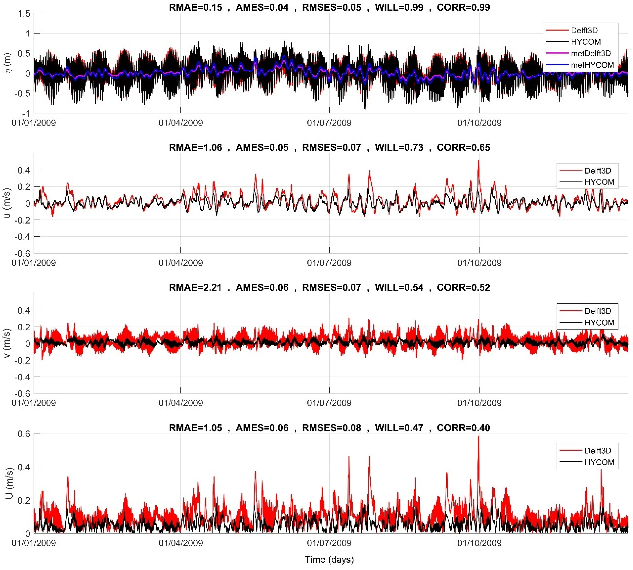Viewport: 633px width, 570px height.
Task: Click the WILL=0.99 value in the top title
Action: (399, 7)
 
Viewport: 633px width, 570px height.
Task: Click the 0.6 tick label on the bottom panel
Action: (24, 434)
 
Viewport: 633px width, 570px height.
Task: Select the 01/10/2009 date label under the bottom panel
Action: (479, 543)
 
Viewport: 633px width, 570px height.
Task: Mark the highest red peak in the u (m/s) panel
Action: (478, 160)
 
